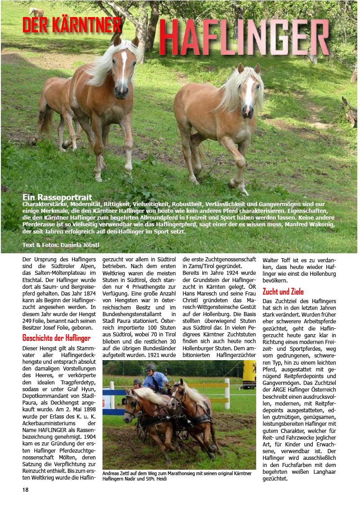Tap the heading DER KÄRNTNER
[72, 26]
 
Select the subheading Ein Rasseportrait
[57, 197]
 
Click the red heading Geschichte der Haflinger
[56, 338]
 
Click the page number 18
[26, 489]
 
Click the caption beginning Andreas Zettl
[177, 476]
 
